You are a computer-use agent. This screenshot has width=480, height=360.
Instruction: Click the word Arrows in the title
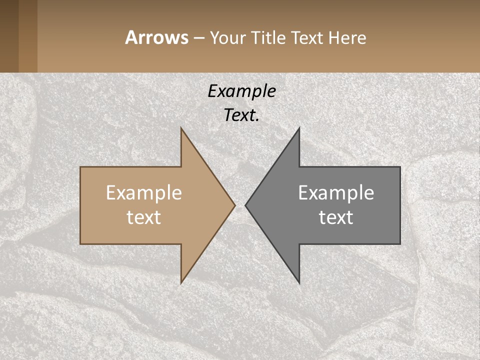pos(156,37)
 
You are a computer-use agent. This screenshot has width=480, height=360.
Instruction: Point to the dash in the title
pos(198,38)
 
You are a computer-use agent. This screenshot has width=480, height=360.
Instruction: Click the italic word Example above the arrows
pos(241,91)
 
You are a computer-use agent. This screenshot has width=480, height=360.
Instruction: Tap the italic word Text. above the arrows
pos(241,115)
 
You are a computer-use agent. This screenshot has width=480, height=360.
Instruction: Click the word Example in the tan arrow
pos(143,193)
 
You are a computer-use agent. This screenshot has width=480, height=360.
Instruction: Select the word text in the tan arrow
pos(143,217)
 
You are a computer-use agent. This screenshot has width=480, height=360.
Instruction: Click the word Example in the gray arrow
pos(336,193)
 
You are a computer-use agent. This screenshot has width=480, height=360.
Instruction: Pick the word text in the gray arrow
pos(336,217)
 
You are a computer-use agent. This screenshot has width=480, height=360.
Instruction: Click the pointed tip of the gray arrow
pos(247,205)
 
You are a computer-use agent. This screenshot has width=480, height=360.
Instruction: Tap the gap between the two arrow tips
pos(240,205)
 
